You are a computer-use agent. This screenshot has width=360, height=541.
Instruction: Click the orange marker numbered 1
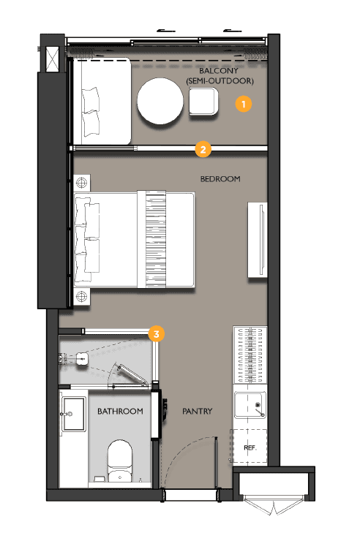pyautogui.click(x=244, y=105)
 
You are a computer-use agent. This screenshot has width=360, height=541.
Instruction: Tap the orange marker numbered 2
pyautogui.click(x=203, y=151)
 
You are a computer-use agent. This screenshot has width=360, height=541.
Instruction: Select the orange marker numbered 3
pyautogui.click(x=156, y=334)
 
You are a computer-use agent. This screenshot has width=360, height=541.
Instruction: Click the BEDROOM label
pyautogui.click(x=220, y=179)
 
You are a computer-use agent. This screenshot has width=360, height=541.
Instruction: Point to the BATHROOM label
pyautogui.click(x=120, y=412)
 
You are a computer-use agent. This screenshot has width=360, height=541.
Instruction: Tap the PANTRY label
pyautogui.click(x=197, y=412)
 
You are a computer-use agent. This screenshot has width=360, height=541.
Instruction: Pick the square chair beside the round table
pyautogui.click(x=202, y=102)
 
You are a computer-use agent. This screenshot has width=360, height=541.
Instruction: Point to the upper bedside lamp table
pyautogui.click(x=80, y=181)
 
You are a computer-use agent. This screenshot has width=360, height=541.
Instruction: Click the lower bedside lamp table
pyautogui.click(x=80, y=297)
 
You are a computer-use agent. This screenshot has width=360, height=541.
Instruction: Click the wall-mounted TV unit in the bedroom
pyautogui.click(x=257, y=240)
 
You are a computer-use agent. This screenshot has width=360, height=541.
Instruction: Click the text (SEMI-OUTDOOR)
pyautogui.click(x=220, y=80)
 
